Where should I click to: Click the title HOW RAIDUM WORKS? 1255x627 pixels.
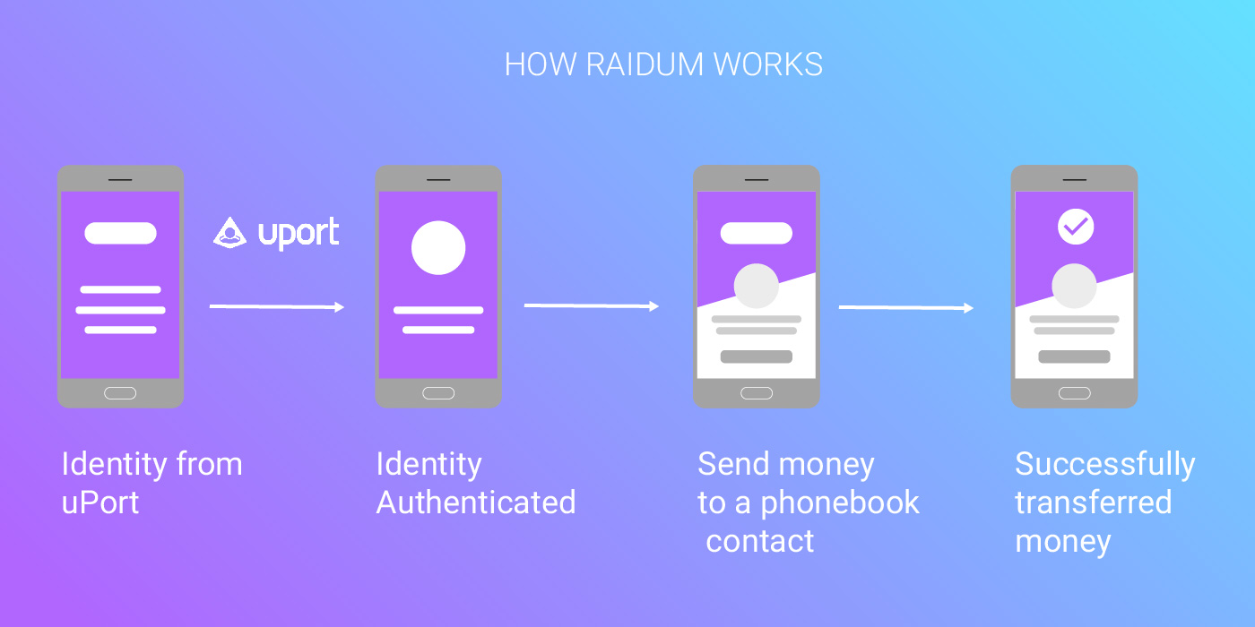[663, 64]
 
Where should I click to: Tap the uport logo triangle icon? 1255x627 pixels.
[229, 233]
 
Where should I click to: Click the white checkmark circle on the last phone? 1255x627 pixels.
[1076, 227]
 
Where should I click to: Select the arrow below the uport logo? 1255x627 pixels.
[276, 307]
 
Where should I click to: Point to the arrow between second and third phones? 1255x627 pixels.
[591, 306]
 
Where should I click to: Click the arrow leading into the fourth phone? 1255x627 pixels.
[905, 308]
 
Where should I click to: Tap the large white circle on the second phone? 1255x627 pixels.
[438, 248]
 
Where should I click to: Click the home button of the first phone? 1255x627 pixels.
[120, 393]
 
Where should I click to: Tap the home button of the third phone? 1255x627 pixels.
[757, 393]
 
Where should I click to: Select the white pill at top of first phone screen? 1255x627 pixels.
[120, 234]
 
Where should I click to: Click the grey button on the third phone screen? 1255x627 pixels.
[757, 356]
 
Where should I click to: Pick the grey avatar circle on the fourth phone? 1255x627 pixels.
[1074, 287]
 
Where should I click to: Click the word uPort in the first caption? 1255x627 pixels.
[100, 502]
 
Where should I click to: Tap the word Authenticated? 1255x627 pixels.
[476, 502]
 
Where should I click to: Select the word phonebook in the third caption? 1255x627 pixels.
[840, 502]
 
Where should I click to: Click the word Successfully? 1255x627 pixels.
[1104, 464]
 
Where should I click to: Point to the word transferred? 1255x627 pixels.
[1093, 502]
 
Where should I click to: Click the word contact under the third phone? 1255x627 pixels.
[760, 541]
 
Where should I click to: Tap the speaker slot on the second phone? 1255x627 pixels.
[438, 180]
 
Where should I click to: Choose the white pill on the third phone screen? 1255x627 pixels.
[757, 234]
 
